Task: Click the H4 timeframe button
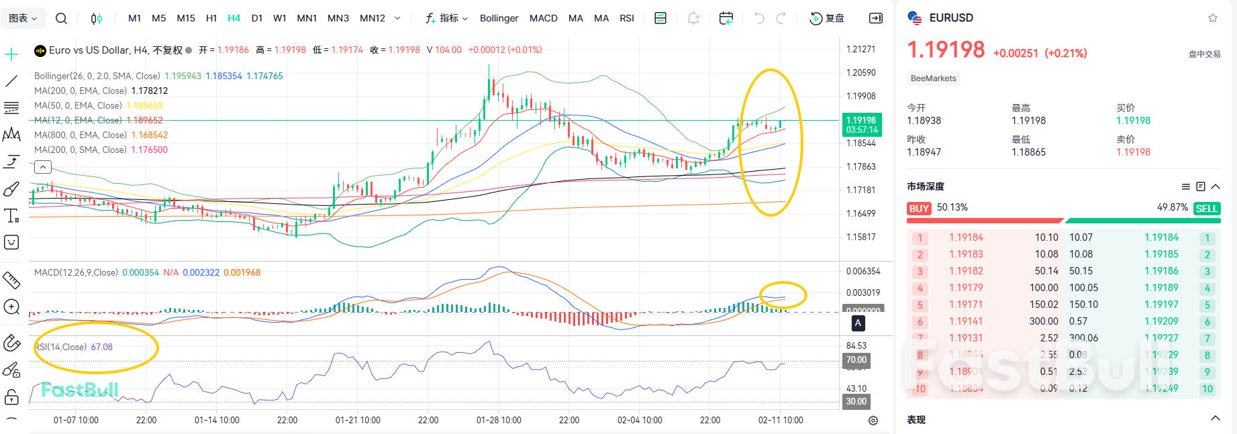click(x=234, y=18)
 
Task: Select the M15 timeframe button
click(x=185, y=18)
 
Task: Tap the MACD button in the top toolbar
click(x=543, y=18)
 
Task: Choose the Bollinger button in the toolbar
click(x=499, y=18)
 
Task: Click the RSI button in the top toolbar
click(x=626, y=18)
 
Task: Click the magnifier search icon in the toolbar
click(x=61, y=18)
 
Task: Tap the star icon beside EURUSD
click(x=1212, y=18)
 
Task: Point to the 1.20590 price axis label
click(x=860, y=72)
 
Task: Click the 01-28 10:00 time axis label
click(x=499, y=420)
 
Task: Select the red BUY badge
click(x=919, y=209)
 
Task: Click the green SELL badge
click(x=1206, y=209)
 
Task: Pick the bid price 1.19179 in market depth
click(x=966, y=288)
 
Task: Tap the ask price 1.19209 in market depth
click(x=1161, y=321)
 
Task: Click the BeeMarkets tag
click(x=933, y=78)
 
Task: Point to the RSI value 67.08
click(x=101, y=347)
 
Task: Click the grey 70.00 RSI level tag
click(x=856, y=360)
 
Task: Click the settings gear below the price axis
click(x=873, y=421)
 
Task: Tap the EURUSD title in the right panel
click(x=950, y=18)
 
